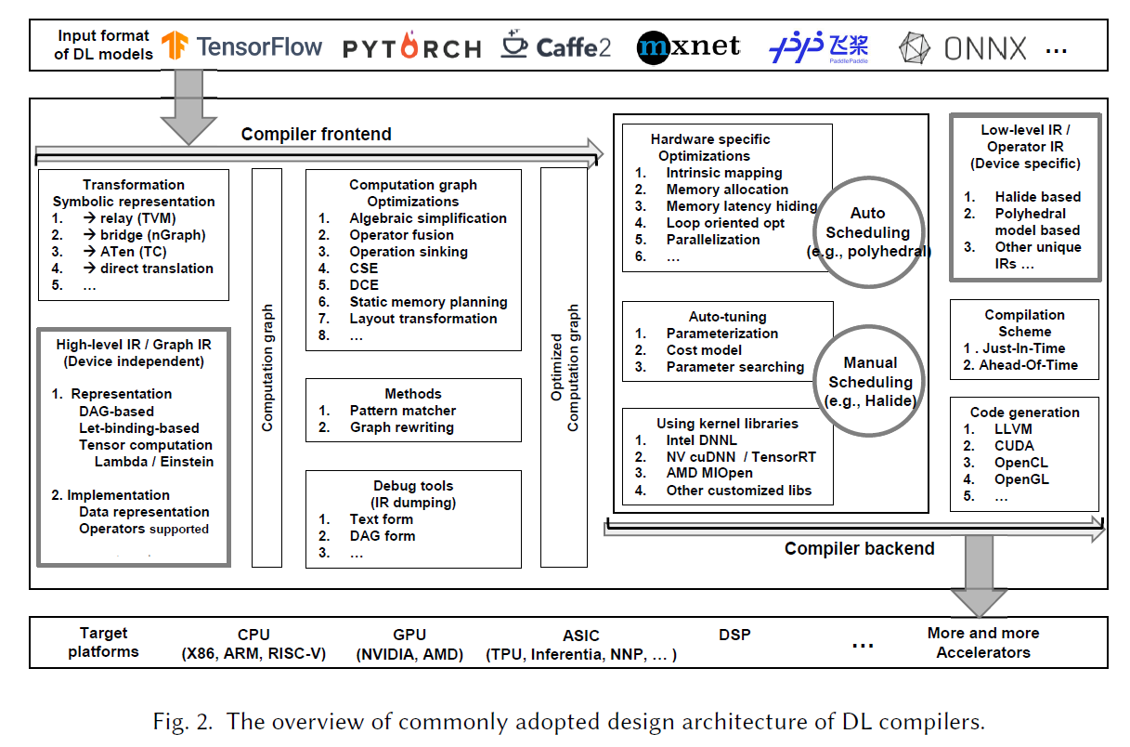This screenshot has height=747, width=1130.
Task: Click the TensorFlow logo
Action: pyautogui.click(x=241, y=46)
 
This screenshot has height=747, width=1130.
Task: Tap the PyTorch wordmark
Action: pyautogui.click(x=412, y=48)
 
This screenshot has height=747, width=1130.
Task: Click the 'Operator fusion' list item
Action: pyautogui.click(x=401, y=235)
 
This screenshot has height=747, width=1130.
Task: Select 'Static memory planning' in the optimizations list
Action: pyautogui.click(x=428, y=302)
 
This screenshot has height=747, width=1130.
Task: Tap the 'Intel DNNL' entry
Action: pyautogui.click(x=702, y=440)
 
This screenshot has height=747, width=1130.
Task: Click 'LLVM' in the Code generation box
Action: pyautogui.click(x=1013, y=429)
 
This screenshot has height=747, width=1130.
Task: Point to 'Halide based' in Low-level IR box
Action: pyautogui.click(x=1037, y=197)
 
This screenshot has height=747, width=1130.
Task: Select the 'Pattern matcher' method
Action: pyautogui.click(x=402, y=411)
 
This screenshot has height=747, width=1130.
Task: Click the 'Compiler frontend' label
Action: pyautogui.click(x=316, y=135)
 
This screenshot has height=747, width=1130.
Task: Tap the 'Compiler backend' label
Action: pyautogui.click(x=859, y=549)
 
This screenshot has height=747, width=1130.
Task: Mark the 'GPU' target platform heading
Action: pyautogui.click(x=409, y=635)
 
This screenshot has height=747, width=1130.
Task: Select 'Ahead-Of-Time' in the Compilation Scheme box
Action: pyautogui.click(x=1028, y=365)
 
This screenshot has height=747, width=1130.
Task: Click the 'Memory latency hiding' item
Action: pyautogui.click(x=741, y=206)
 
